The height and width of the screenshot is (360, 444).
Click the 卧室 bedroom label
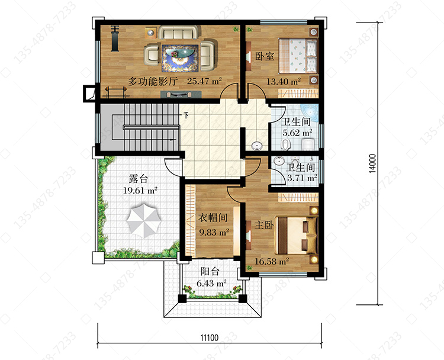pos(265,56)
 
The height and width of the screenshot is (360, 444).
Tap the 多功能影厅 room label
pos(153,81)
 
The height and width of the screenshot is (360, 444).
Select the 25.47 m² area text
pos(204,81)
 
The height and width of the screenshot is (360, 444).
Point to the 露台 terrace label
pos(138,179)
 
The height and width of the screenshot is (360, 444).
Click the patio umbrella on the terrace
pos(144,221)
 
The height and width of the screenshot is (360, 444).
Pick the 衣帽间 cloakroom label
pos(213,218)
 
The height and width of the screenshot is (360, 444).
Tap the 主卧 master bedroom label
pos(264,225)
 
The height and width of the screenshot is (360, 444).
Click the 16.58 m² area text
pos(272,261)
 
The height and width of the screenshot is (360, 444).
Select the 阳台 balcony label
pos(210,271)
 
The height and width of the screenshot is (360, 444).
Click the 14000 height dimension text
pos(373,163)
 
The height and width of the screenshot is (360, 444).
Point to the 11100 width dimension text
pos(210,337)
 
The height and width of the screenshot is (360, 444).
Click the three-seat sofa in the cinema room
pos(178,33)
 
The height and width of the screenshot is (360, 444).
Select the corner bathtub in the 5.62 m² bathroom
pos(310,112)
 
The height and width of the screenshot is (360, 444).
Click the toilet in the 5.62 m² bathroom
pos(285,144)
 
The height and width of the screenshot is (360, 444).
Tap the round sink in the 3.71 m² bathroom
pos(279,161)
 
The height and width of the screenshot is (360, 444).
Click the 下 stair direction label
pos(186,115)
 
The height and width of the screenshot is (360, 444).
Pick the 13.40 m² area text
pos(284,82)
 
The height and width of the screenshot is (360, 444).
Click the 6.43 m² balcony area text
pos(211,283)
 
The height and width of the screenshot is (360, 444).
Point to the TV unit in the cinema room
pos(181,94)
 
